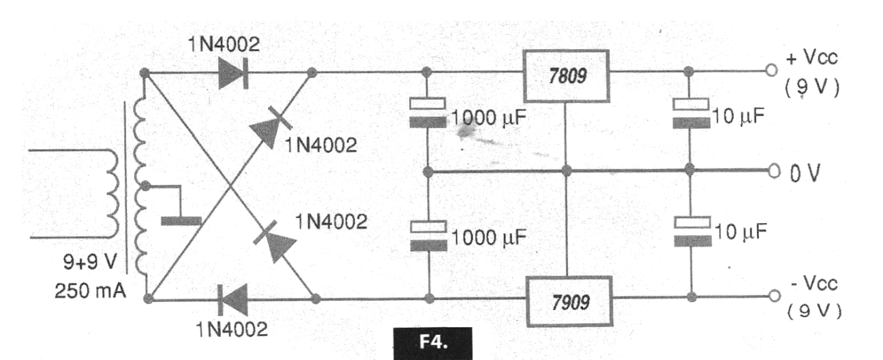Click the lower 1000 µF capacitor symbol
(428, 235)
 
